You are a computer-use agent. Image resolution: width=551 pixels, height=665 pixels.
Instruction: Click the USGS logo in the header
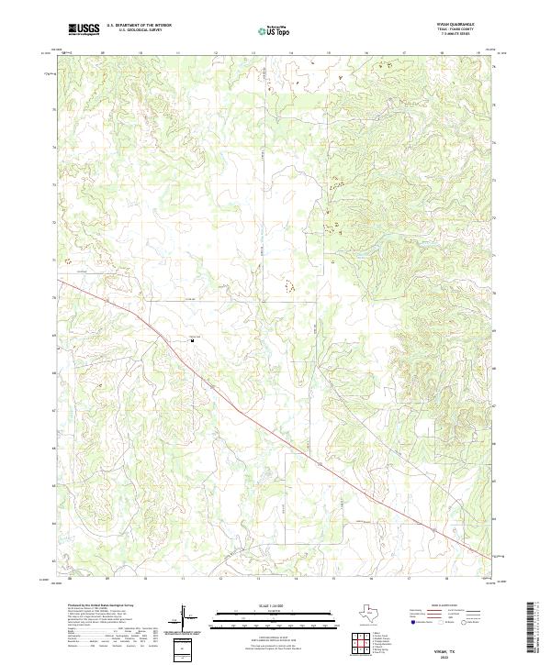[x=83, y=30]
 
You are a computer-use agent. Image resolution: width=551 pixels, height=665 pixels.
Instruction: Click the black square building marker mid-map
[x=191, y=338]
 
